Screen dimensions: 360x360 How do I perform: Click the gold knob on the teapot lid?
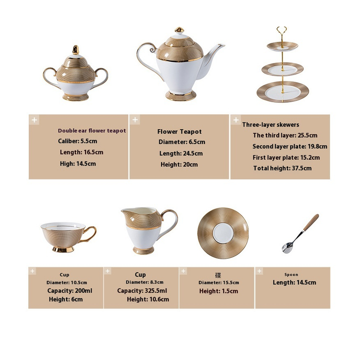[x=179, y=30]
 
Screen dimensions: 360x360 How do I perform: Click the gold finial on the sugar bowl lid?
[x=76, y=50]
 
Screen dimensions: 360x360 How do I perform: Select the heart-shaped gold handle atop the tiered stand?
[x=282, y=31]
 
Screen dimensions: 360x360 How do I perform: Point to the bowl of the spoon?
[x=287, y=248]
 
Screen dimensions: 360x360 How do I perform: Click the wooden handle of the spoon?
[x=311, y=222]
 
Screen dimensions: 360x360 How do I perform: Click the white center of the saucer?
[x=223, y=233]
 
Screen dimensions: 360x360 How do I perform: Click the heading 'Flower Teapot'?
[x=179, y=131]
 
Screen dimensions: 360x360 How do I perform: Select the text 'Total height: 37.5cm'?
[x=283, y=168]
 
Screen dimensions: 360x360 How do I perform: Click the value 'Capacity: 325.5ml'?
[x=142, y=291]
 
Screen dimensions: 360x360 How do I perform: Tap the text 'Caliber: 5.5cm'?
[x=77, y=141]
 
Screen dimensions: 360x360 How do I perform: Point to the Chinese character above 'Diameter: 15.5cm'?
[x=218, y=275]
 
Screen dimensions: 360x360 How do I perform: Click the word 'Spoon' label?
[x=291, y=274]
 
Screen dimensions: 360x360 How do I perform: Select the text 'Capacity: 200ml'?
[x=70, y=291]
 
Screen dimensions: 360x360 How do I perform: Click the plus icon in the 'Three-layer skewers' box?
[x=236, y=120]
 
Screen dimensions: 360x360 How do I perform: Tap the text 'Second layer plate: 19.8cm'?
[x=290, y=147]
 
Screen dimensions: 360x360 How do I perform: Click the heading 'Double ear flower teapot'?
[x=92, y=130]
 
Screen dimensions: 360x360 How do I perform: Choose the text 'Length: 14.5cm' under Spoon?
[x=294, y=283]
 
